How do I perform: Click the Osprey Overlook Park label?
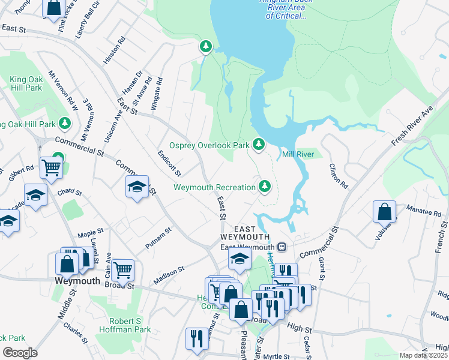209,145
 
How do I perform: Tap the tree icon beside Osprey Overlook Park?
259,144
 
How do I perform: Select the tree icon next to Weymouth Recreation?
264,187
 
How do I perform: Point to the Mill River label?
298,154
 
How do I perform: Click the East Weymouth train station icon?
281,247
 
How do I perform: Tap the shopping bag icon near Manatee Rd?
384,212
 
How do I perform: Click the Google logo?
20,353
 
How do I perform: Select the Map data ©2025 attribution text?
423,355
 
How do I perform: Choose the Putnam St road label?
158,238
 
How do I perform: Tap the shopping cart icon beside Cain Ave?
122,271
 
